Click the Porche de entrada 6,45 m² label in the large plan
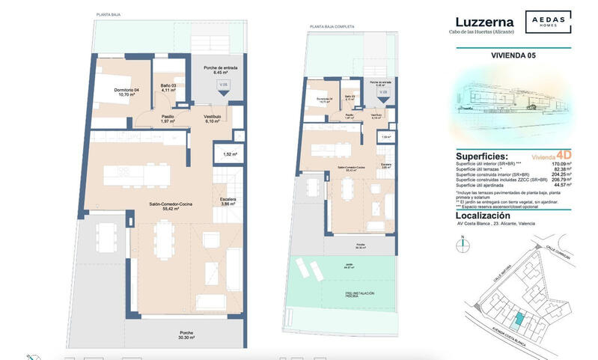coord(220,70)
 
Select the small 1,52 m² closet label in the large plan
coord(230,154)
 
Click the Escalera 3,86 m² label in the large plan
coord(228,201)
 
